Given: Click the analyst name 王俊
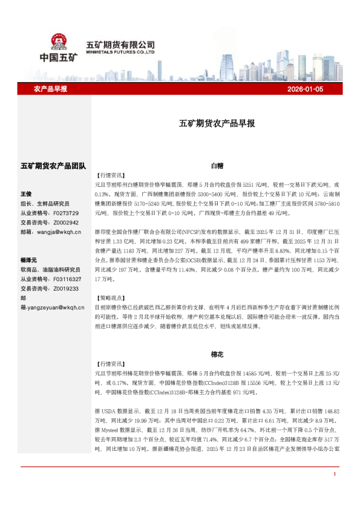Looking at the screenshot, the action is tap(27, 194).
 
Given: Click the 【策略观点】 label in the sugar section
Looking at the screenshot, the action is tap(110, 298).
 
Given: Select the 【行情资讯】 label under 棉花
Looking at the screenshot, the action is tap(110, 365).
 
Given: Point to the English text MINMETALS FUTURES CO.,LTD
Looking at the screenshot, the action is tap(120, 52).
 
